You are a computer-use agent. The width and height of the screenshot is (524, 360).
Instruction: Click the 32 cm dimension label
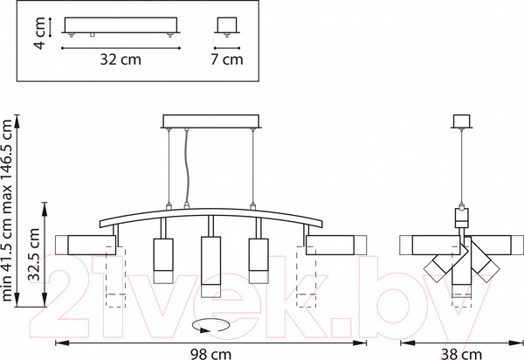121,59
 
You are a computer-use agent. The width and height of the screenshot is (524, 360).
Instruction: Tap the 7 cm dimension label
226,59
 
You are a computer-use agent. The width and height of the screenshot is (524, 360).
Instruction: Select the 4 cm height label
40,33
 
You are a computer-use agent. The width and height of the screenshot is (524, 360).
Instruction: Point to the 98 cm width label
210,354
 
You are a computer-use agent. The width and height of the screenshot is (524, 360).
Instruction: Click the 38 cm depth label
461,354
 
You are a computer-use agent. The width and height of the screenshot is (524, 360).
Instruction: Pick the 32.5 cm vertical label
34,254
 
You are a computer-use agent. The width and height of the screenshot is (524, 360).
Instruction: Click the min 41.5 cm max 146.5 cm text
7,211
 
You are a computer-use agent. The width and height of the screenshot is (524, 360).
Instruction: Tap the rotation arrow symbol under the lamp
210,326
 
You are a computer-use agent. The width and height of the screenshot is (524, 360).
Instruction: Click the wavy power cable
187,166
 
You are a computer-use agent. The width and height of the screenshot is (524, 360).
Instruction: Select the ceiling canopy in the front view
210,121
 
